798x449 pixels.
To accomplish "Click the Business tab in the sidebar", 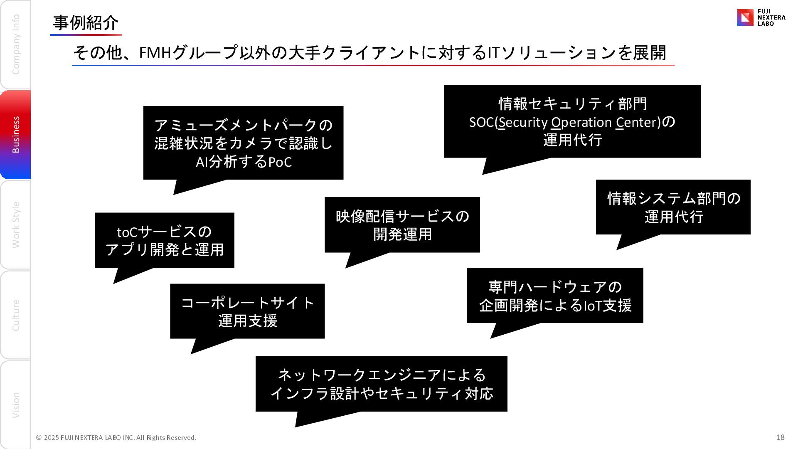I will (x=15, y=134).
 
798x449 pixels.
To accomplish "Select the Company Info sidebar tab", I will (x=15, y=44).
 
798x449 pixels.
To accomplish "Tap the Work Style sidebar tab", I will (x=15, y=225).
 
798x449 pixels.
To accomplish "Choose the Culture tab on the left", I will (x=15, y=315).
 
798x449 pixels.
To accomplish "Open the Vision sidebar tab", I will (x=15, y=405).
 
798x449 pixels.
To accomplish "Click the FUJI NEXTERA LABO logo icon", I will (x=745, y=17).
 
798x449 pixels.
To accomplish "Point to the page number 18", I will (x=780, y=437).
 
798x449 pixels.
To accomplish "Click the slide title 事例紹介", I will (x=86, y=23).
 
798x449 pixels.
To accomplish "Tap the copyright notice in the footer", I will (x=116, y=437).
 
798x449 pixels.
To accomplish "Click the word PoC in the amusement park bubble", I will (x=280, y=162).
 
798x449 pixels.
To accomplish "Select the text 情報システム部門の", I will (x=674, y=198).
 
